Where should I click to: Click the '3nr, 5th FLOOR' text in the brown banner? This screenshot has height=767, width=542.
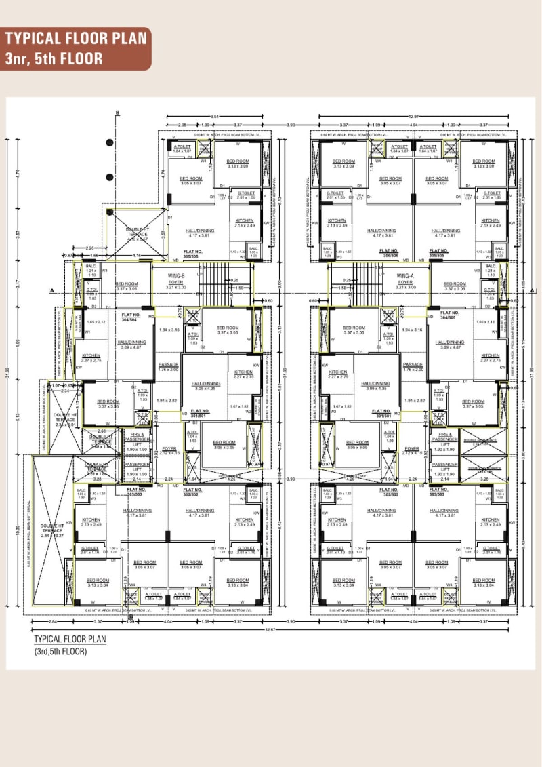pyautogui.click(x=54, y=58)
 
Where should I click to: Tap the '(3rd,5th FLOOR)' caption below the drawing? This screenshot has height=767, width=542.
pyautogui.click(x=60, y=652)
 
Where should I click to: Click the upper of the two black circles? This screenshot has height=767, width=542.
pyautogui.click(x=109, y=143)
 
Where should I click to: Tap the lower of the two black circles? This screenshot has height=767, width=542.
pyautogui.click(x=109, y=177)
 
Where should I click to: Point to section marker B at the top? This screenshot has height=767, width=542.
pyautogui.click(x=117, y=113)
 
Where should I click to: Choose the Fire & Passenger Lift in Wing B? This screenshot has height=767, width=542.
pyautogui.click(x=137, y=441)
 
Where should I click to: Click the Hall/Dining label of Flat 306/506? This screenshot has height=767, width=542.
pyautogui.click(x=381, y=233)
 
